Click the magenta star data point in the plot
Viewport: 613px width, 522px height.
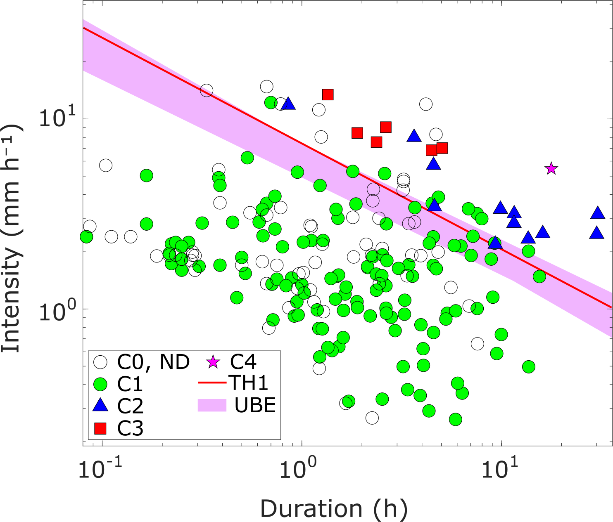click(551, 168)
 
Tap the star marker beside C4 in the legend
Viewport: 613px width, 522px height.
click(213, 362)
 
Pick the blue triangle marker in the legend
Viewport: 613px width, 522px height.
click(100, 406)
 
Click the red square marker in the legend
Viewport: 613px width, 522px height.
click(100, 429)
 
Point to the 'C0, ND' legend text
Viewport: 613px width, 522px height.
click(153, 362)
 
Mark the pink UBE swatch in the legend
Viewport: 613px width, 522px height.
click(212, 405)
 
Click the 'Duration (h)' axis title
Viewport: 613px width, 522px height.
click(334, 509)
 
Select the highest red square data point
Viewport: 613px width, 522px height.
click(328, 94)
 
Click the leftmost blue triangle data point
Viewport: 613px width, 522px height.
click(288, 104)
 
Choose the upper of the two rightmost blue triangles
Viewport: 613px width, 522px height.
click(598, 213)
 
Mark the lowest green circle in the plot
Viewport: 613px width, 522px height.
click(455, 419)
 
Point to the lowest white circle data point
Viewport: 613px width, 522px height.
click(372, 418)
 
